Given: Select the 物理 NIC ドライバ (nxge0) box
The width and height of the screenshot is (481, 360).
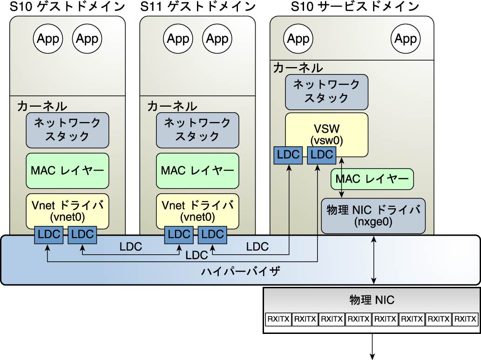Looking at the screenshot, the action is pyautogui.click(x=373, y=216).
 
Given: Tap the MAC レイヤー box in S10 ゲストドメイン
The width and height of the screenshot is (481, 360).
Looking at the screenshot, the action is pyautogui.click(x=68, y=170).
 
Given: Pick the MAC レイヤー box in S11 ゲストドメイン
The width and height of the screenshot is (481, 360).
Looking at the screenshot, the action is pyautogui.click(x=197, y=170).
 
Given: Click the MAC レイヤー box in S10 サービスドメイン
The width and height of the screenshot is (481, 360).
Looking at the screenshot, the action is pyautogui.click(x=372, y=179).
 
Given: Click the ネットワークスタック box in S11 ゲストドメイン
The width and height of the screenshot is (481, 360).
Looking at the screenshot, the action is pyautogui.click(x=197, y=130).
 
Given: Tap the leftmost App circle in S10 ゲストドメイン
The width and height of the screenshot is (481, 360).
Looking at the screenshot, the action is pyautogui.click(x=48, y=39).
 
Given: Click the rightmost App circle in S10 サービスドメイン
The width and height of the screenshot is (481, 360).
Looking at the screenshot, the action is pyautogui.click(x=406, y=39).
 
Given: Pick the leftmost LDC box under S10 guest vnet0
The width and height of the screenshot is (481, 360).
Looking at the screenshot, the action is pyautogui.click(x=49, y=235).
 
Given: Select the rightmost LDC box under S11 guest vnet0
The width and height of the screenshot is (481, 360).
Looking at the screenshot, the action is pyautogui.click(x=212, y=235).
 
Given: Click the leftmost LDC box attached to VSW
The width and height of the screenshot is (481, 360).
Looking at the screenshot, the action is pyautogui.click(x=288, y=155).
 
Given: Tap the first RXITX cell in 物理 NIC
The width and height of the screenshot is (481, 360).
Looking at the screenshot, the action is pyautogui.click(x=278, y=319).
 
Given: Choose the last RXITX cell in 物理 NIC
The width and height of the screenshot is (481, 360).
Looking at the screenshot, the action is pyautogui.click(x=465, y=319).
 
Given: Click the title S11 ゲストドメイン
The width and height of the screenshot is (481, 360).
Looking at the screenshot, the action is pyautogui.click(x=198, y=7).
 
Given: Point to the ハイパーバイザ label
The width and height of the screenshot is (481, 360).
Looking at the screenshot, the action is pyautogui.click(x=240, y=272).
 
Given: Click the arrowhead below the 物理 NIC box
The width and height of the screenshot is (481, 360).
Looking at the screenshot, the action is pyautogui.click(x=373, y=357).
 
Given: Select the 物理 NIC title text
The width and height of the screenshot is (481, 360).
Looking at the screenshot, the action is pyautogui.click(x=372, y=300).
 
